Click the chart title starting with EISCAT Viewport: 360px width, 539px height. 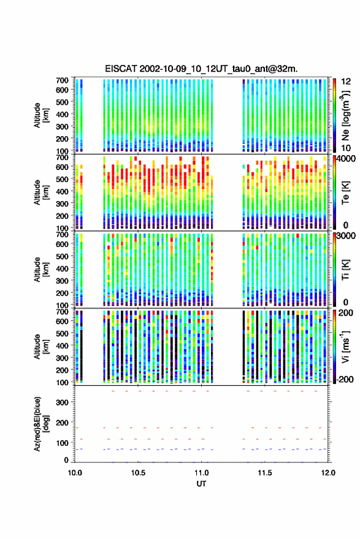pos(201,69)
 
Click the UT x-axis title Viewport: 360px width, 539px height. pos(201,484)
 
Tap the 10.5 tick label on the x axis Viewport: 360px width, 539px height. pos(138,473)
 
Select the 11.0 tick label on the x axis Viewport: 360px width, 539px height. pos(201,473)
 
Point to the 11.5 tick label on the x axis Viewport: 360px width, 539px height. pos(264,473)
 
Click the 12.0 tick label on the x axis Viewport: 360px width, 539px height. pos(327,473)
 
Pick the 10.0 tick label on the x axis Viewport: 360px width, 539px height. pos(75,473)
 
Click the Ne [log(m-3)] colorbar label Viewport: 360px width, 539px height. pos(346,115)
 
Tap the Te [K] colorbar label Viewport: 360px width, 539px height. pos(345,193)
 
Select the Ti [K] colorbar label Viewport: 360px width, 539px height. pos(345,269)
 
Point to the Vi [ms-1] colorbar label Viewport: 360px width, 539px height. pos(345,346)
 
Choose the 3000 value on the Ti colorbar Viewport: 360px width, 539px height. pos(347,235)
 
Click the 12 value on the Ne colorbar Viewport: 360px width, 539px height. pos(346,82)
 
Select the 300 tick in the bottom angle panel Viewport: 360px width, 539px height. pos(62,402)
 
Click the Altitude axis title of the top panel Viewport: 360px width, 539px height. pos(40,115)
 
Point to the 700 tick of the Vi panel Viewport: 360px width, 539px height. pos(62,312)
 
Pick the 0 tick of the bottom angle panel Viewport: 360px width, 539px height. pos(66,460)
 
